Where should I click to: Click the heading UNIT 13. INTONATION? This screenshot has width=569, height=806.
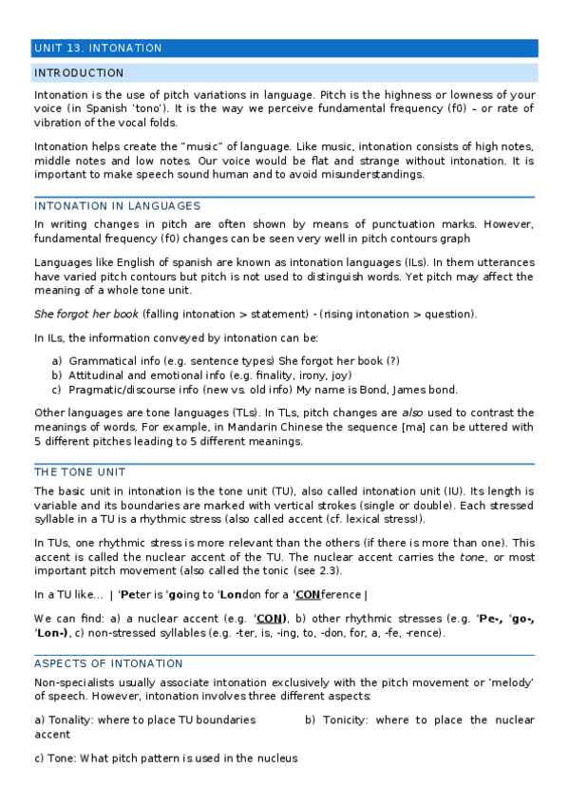tap(98, 48)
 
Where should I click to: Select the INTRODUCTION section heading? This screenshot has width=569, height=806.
tap(79, 73)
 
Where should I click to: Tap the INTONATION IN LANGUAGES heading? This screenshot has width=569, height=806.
tap(117, 206)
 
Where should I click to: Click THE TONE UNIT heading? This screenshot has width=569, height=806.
tap(80, 472)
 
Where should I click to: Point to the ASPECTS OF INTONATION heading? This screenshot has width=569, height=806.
tap(108, 663)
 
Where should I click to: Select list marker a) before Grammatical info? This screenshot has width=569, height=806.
tap(57, 361)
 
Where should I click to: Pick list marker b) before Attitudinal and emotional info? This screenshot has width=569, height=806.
tap(57, 375)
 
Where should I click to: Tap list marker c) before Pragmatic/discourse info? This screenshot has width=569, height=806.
tap(57, 389)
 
